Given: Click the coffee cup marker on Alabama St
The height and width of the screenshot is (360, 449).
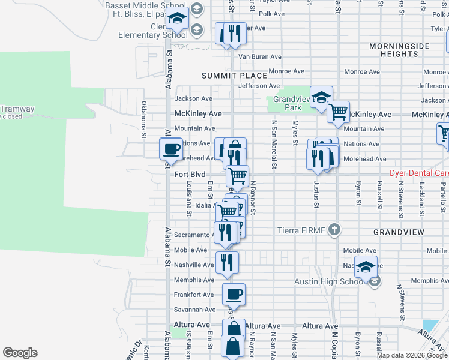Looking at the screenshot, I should pyautogui.click(x=171, y=149).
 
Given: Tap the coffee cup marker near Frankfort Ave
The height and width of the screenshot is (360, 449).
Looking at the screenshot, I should pyautogui.click(x=234, y=294).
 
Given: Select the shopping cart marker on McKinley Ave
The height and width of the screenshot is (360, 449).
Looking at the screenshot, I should pyautogui.click(x=338, y=112).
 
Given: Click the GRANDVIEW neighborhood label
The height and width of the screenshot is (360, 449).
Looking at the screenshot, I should pyautogui.click(x=399, y=232).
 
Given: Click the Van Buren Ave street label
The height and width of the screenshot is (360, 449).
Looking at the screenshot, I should pyautogui.click(x=260, y=57).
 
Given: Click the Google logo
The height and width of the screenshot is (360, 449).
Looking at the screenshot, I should pyautogui.click(x=20, y=353).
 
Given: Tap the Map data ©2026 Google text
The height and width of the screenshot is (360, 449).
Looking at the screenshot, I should pyautogui.click(x=412, y=355).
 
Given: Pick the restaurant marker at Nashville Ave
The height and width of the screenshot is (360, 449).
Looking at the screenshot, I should pyautogui.click(x=227, y=262).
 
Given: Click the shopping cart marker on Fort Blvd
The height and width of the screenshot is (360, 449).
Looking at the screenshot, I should pyautogui.click(x=238, y=176).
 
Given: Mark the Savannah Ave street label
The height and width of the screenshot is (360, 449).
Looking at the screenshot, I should pyautogui.click(x=194, y=310).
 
